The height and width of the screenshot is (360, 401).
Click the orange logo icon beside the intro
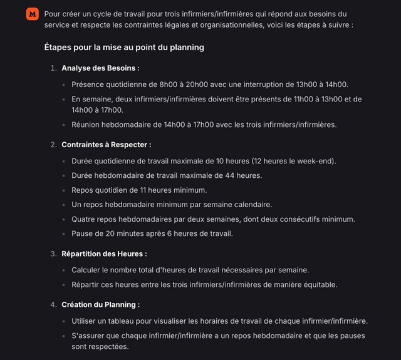(32, 14)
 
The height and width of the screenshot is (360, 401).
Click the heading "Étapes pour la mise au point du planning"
(124, 47)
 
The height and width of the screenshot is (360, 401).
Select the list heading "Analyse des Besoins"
(100, 68)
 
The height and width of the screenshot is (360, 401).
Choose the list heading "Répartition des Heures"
(104, 254)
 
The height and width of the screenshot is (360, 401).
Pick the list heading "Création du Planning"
(100, 304)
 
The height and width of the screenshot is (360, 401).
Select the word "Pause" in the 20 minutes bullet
(83, 234)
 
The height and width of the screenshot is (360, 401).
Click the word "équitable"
(320, 284)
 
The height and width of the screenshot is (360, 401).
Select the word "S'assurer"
(90, 336)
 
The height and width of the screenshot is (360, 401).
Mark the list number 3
(53, 254)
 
